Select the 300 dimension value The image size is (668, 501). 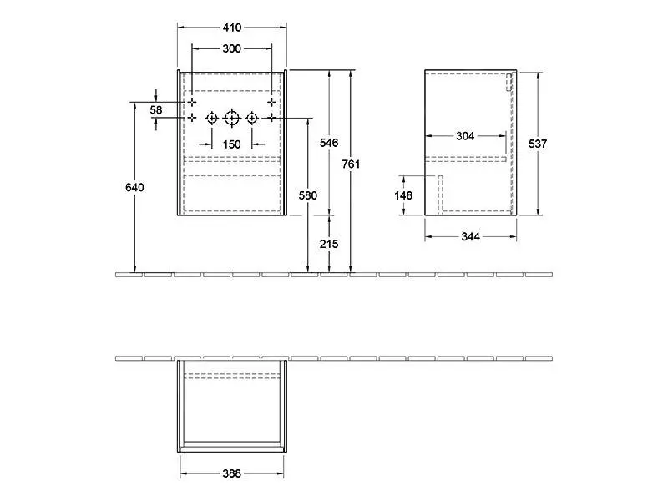(x=231, y=48)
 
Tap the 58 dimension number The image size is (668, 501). (x=156, y=109)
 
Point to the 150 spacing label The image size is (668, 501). (x=231, y=144)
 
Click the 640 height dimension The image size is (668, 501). (x=134, y=187)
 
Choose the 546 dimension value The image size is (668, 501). (x=329, y=143)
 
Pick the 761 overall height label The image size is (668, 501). (x=352, y=164)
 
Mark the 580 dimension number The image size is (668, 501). (x=307, y=195)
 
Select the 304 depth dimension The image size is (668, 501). (x=466, y=137)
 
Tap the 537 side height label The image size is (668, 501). (x=538, y=143)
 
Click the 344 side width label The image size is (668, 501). (x=470, y=236)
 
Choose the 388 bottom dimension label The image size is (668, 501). (x=231, y=473)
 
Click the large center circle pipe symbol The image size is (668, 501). (x=231, y=119)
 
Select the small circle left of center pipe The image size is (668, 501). (x=211, y=119)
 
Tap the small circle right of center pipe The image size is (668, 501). (x=251, y=119)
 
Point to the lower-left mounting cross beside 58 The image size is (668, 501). (x=191, y=119)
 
